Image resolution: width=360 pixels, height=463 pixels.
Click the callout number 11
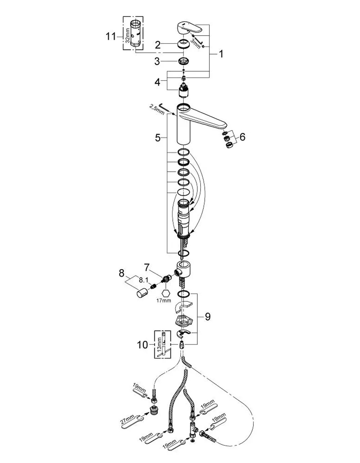pos(111,36)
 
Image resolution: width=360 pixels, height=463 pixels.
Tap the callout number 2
pos(158,45)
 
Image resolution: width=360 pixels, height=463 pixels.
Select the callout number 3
pos(157,62)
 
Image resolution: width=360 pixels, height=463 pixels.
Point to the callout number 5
pos(158,138)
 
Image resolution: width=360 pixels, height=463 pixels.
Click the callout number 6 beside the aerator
pos(242,137)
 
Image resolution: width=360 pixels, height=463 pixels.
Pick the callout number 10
pos(143,345)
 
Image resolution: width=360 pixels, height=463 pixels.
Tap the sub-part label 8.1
pos(144,280)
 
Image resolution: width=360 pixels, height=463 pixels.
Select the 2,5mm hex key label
pos(157,109)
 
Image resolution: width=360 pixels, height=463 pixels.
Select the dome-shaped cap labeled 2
pos(184,44)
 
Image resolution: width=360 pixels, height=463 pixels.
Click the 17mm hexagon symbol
pos(166,293)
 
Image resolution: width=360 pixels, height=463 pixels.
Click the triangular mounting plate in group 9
pos(184,320)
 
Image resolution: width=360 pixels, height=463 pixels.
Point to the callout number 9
pos(207,317)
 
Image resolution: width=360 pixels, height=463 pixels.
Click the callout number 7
pos(147,268)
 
